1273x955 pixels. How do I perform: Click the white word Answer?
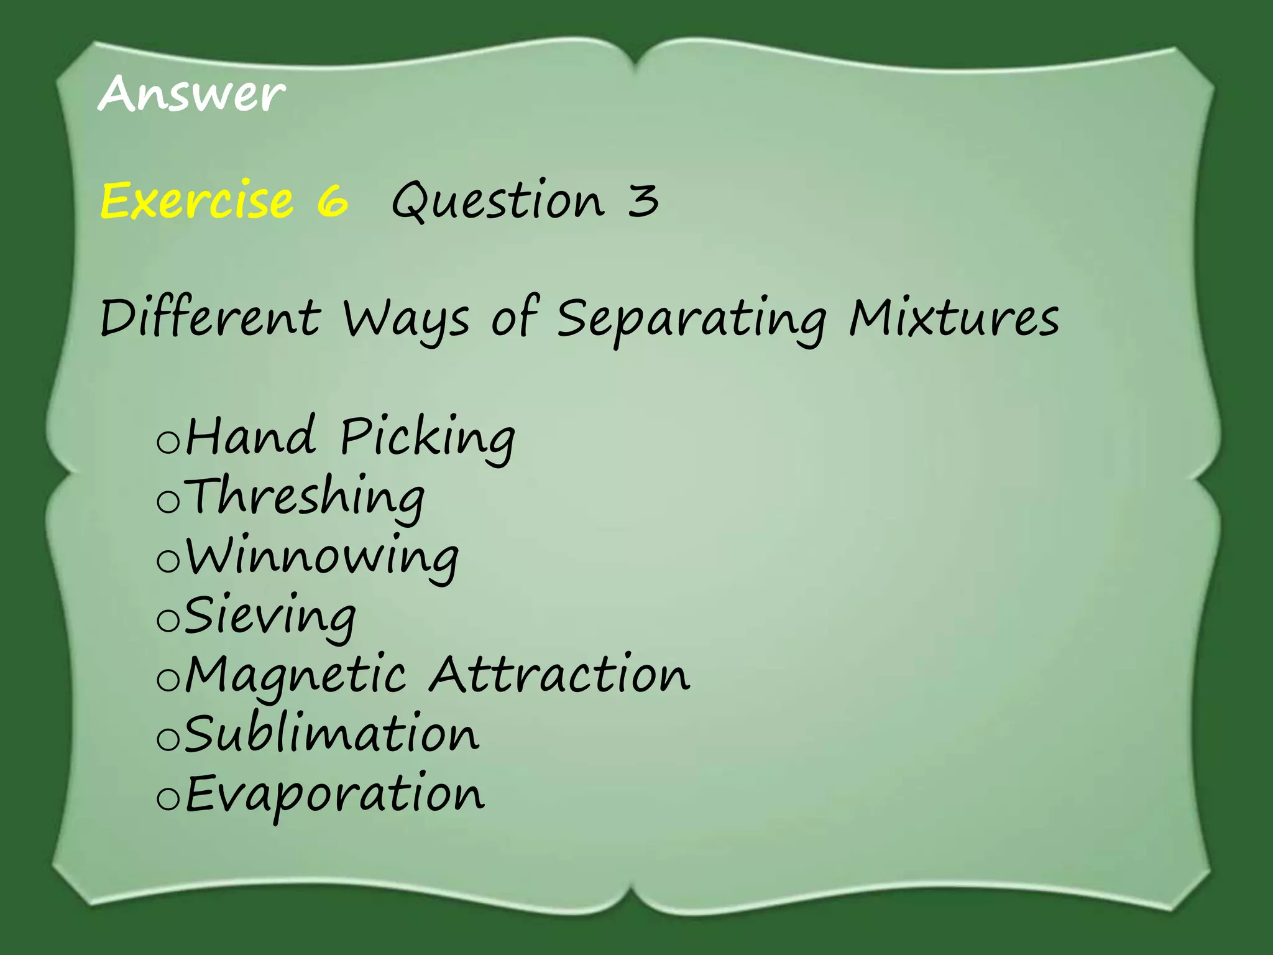coord(191,95)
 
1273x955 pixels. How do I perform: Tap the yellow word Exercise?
coord(196,200)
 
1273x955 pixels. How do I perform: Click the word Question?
coord(498,200)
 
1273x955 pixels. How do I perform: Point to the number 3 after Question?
coord(643,200)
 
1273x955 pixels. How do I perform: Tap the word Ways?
coord(406,318)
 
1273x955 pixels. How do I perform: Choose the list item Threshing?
coord(305,497)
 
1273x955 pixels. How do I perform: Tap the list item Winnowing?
coord(322,556)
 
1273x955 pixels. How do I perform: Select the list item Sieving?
coord(270,616)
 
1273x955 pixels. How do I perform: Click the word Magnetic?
coord(296,675)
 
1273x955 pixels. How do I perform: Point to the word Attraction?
coord(559,674)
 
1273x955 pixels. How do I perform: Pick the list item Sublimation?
coord(332,734)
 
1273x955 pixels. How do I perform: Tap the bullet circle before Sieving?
coord(168,620)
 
